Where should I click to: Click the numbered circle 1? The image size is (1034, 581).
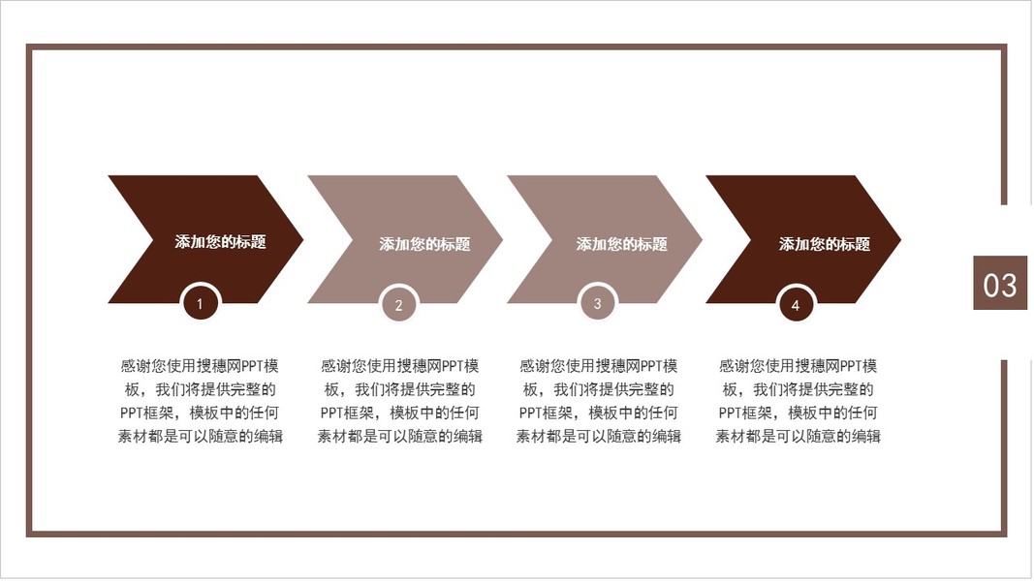click(x=201, y=304)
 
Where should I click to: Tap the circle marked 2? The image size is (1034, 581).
click(x=398, y=306)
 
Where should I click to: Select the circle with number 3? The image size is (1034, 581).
click(x=598, y=303)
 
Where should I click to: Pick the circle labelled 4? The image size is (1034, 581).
click(x=796, y=305)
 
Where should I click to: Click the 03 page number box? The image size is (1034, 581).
click(x=999, y=284)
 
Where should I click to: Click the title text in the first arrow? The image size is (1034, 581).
click(x=220, y=242)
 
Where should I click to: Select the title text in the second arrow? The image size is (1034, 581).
click(x=424, y=244)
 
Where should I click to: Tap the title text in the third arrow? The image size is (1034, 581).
click(x=622, y=244)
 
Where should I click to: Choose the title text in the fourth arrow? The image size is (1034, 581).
click(x=825, y=244)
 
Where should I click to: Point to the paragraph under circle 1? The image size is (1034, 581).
click(x=201, y=401)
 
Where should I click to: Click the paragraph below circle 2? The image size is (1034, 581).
click(x=400, y=401)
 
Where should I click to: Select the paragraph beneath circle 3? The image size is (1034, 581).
click(x=599, y=401)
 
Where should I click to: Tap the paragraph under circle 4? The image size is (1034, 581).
click(x=799, y=401)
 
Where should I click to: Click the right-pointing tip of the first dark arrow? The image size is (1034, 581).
click(x=301, y=239)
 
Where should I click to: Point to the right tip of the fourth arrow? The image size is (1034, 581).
click(x=899, y=239)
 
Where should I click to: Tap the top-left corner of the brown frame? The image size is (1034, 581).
click(x=29, y=46)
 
